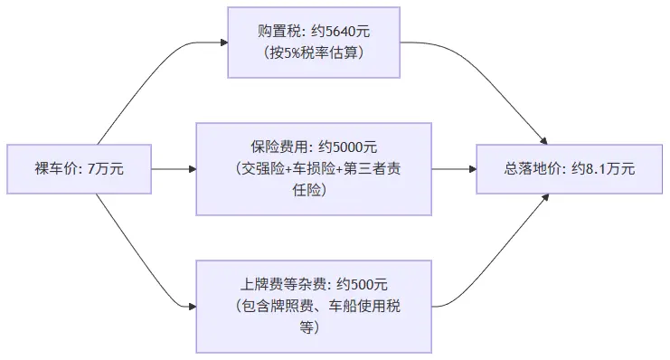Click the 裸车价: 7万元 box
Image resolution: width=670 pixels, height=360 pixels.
(79, 168)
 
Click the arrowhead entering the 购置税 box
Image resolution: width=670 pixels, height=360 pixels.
(222, 42)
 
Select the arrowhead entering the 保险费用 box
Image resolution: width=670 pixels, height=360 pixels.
(192, 168)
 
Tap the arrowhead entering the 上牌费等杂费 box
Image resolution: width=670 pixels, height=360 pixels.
(192, 306)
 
